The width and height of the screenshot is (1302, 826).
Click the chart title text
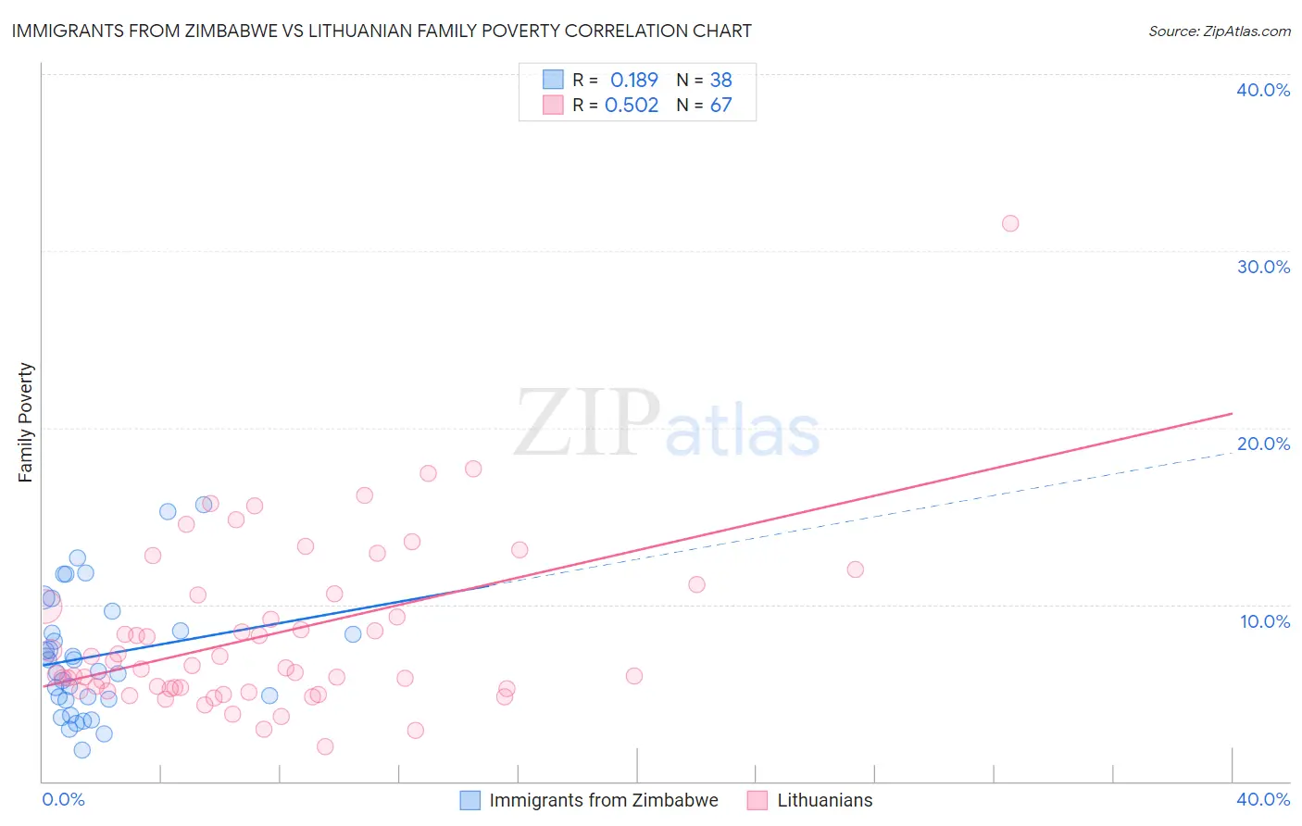point(382,31)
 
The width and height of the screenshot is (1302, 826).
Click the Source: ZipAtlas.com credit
point(1219,31)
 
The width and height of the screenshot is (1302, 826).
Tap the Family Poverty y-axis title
point(26,422)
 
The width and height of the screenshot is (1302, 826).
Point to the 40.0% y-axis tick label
point(1263,90)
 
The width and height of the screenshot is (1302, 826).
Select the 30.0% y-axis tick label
point(1263,267)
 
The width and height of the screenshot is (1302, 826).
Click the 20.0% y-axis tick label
point(1263,444)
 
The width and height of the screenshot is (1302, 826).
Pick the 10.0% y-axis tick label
point(1265,621)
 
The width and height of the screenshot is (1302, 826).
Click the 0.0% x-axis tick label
point(63,799)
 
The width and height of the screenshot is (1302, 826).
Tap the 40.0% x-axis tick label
point(1263,799)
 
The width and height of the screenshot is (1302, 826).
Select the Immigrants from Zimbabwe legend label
point(603,800)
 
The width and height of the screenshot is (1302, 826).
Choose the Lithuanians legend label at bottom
point(824,800)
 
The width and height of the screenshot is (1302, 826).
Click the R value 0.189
point(633,80)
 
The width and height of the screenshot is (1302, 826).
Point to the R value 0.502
point(632,105)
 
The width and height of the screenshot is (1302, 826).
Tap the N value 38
point(720,80)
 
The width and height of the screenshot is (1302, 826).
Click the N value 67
point(720,105)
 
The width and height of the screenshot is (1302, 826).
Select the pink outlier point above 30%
point(1010,223)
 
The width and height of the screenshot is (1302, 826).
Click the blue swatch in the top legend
point(553,80)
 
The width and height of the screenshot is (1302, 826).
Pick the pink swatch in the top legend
point(553,105)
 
